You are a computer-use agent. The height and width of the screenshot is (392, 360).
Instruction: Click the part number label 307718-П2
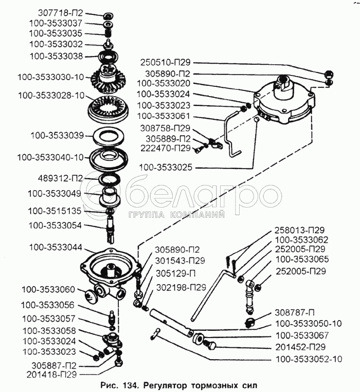click(60, 13)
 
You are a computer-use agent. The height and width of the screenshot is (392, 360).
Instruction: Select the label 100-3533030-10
click(51, 77)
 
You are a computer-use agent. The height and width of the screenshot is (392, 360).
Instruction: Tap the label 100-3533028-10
click(51, 96)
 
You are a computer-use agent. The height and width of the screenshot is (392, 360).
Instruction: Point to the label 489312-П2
click(60, 178)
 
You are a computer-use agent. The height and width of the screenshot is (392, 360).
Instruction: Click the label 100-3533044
click(56, 248)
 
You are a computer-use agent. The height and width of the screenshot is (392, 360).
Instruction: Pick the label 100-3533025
click(166, 167)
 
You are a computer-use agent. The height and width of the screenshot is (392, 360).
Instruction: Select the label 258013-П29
click(300, 230)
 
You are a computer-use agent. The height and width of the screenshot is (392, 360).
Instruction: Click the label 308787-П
click(295, 312)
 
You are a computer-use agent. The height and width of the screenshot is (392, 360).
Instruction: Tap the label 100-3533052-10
click(309, 359)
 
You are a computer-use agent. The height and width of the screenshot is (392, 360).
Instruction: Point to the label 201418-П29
click(51, 374)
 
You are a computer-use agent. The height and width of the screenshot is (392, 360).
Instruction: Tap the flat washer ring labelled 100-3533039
click(110, 137)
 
